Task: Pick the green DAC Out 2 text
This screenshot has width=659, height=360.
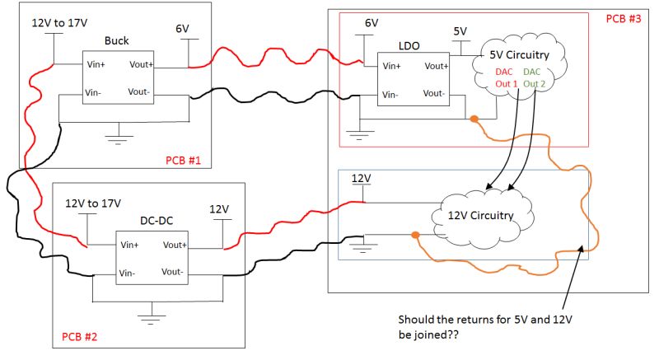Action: tap(534, 77)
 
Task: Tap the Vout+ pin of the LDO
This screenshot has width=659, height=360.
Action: tap(436, 66)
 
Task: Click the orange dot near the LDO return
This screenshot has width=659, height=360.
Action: tap(474, 119)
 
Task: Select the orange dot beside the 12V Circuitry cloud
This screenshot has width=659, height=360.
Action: tap(415, 236)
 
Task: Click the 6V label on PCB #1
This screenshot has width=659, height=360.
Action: tap(182, 29)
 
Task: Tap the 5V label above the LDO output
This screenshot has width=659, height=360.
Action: tap(460, 30)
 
